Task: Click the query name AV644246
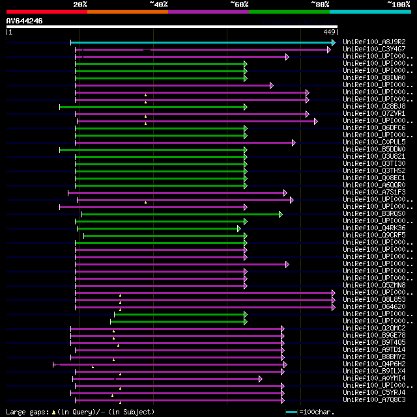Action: [x=25, y=21]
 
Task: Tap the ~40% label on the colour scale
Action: [x=158, y=4]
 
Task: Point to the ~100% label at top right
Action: [x=398, y=4]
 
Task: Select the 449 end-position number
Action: [x=329, y=32]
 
